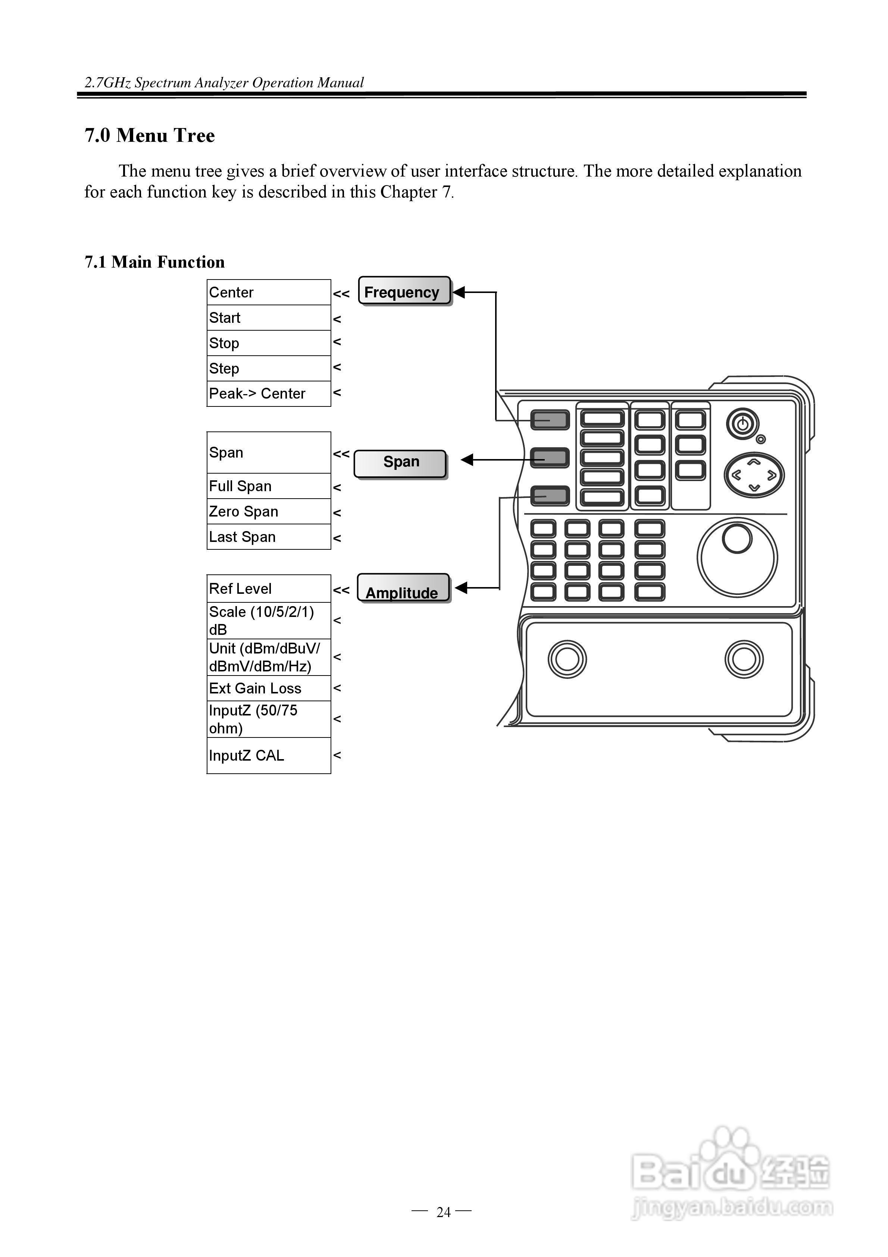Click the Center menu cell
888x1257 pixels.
268,292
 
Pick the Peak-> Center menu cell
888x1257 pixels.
268,394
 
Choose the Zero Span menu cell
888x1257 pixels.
268,511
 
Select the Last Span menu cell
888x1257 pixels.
268,537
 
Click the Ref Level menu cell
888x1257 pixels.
268,589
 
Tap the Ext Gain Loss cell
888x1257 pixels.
268,688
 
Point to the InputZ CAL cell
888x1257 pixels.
268,755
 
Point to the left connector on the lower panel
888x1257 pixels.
567,659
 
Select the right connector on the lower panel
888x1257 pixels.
744,659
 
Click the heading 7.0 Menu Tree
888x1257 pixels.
150,135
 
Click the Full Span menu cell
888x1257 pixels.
268,486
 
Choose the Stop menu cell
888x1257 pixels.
268,343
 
